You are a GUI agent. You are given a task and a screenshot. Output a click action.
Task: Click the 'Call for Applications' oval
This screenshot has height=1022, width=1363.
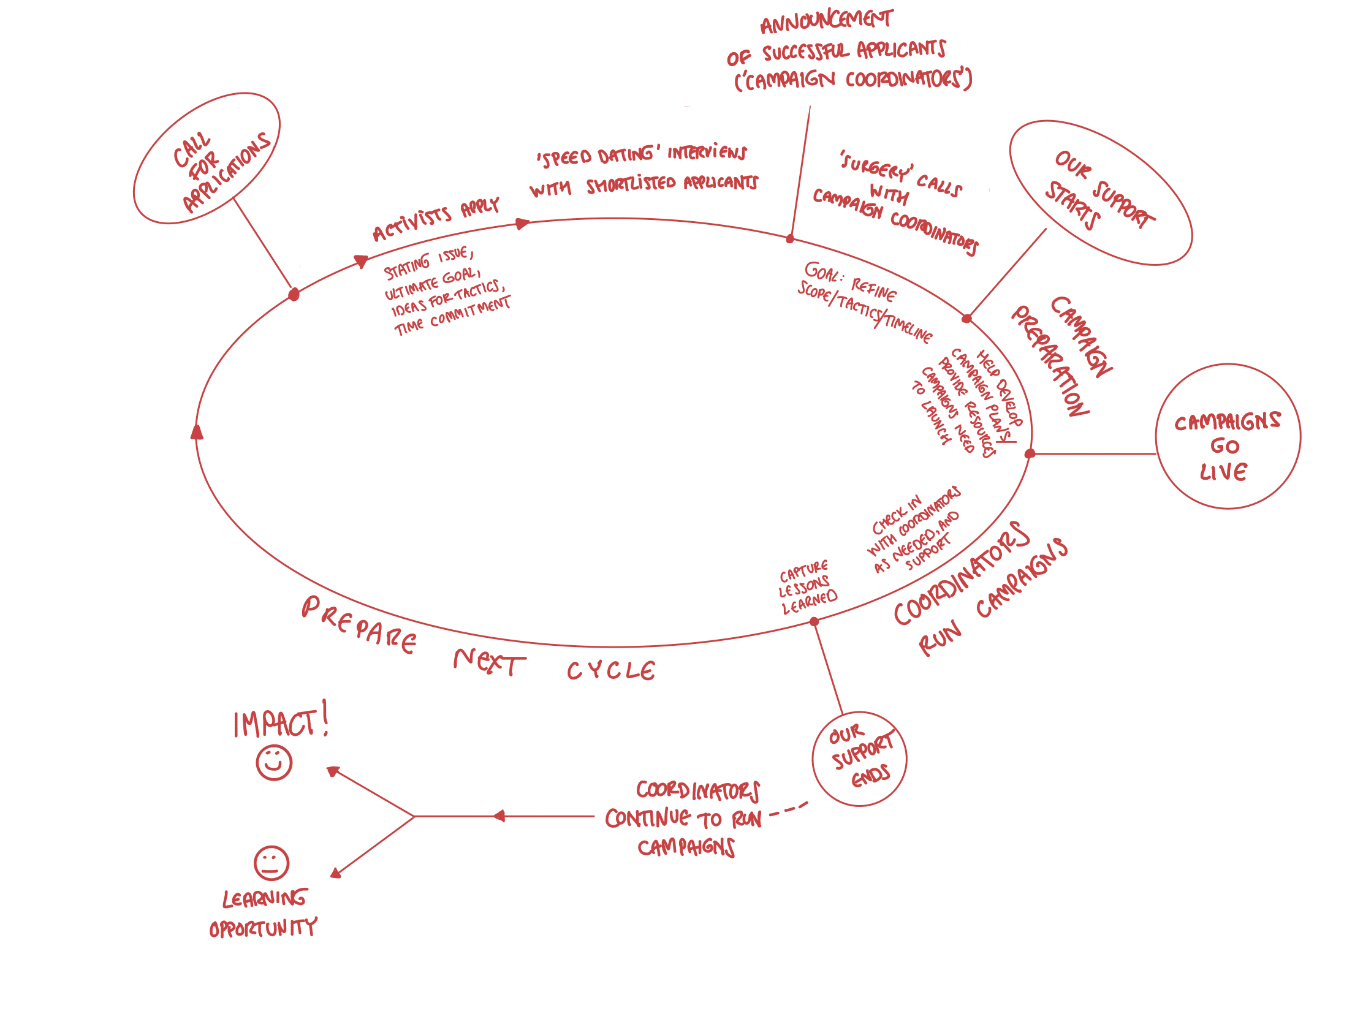[x=207, y=158]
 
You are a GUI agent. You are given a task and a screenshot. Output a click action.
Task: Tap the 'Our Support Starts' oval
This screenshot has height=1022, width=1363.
[x=1101, y=192]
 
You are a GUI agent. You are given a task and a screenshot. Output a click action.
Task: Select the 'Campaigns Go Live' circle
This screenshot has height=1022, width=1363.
[x=1228, y=437]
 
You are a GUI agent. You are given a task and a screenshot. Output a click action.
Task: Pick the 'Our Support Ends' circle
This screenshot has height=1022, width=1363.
[x=860, y=759]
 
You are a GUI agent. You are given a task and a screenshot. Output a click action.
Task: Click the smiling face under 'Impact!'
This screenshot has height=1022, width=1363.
[x=273, y=763]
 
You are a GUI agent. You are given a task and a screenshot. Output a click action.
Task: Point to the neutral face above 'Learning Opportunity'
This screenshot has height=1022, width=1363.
[x=271, y=863]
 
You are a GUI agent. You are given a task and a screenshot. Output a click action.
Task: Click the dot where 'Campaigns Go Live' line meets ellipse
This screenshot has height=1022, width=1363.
[x=1030, y=454]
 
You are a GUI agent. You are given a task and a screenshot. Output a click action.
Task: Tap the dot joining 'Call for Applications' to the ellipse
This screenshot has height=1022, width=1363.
[x=294, y=295]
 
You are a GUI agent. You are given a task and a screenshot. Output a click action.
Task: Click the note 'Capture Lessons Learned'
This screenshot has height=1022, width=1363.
[x=807, y=587]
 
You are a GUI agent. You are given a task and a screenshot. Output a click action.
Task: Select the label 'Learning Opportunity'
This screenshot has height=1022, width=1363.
[x=264, y=913]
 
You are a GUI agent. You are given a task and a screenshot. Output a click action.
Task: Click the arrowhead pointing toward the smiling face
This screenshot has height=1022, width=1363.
[x=333, y=771]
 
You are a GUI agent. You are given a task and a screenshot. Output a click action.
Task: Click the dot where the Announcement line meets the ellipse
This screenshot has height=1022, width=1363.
[x=790, y=238]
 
